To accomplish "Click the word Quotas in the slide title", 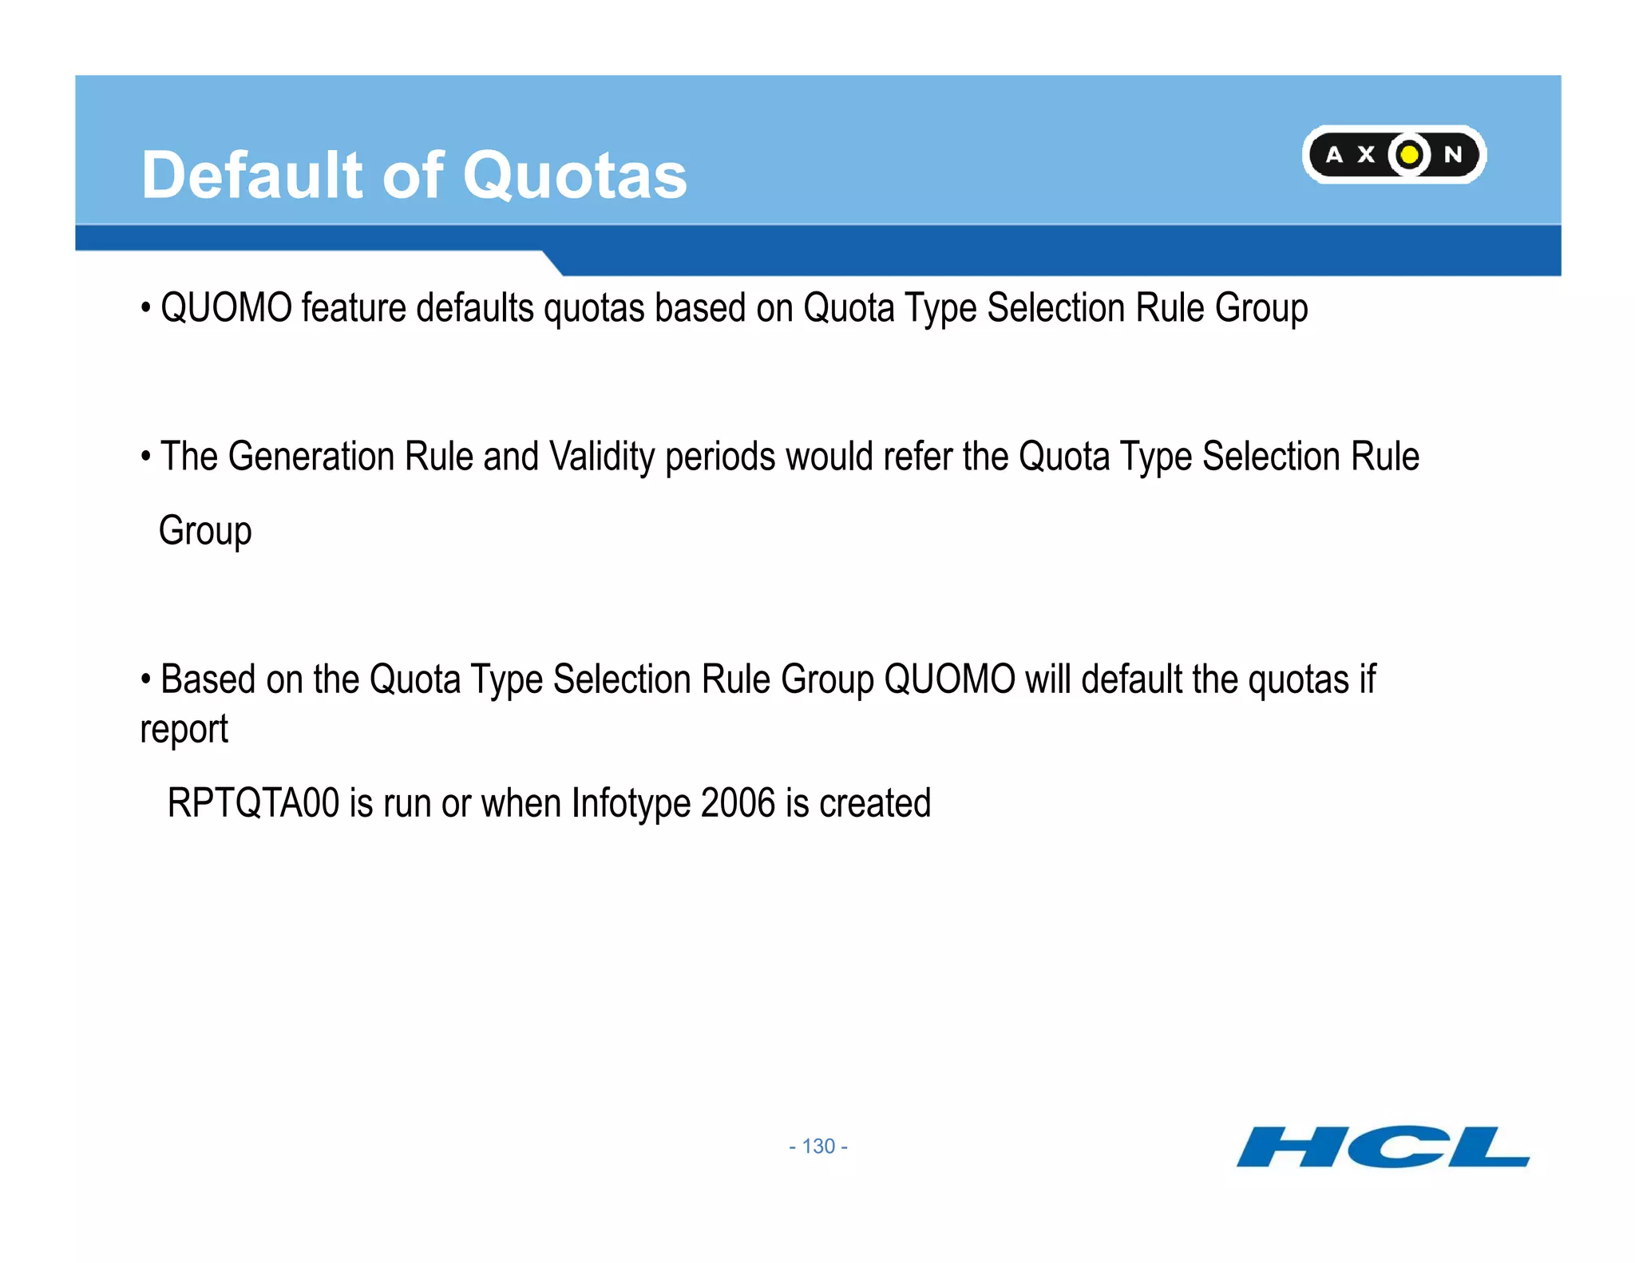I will pyautogui.click(x=575, y=176).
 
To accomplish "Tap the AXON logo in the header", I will pyautogui.click(x=1394, y=154).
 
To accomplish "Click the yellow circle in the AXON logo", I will pyautogui.click(x=1410, y=154).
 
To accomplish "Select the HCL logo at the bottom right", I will pyautogui.click(x=1383, y=1147).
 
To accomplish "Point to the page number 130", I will pyautogui.click(x=818, y=1146).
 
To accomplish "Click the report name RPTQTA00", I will pyautogui.click(x=253, y=803).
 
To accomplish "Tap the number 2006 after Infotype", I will pyautogui.click(x=738, y=803).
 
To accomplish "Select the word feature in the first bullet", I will pyautogui.click(x=353, y=308).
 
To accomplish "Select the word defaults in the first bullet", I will pyautogui.click(x=475, y=308).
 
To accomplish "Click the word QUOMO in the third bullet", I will pyautogui.click(x=949, y=679).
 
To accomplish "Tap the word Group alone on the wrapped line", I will pyautogui.click(x=205, y=532).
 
